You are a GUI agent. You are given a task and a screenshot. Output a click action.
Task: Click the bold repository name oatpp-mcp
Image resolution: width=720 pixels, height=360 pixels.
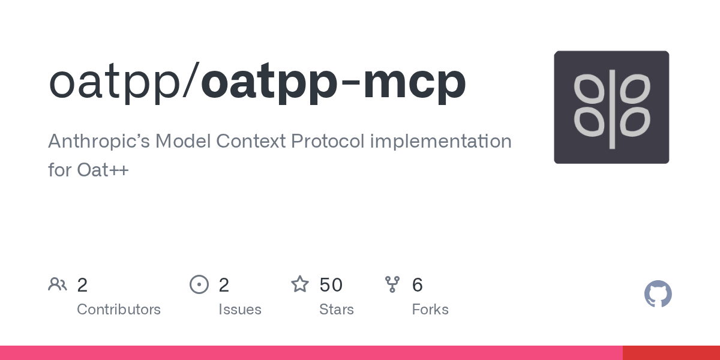[x=334, y=82]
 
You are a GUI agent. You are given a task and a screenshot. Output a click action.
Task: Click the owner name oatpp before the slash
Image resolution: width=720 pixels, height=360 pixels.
[x=115, y=82]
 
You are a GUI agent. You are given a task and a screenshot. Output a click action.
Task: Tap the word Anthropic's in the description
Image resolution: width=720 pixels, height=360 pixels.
[x=99, y=142]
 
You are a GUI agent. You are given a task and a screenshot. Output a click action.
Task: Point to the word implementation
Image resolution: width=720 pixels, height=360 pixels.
[x=440, y=142]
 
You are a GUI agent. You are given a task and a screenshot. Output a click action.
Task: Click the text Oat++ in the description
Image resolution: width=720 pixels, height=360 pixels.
[x=103, y=170]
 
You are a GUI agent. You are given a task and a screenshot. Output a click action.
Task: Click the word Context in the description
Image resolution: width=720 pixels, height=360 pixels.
[x=251, y=141]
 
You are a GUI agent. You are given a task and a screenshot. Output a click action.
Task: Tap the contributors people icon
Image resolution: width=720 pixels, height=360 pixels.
[x=58, y=284]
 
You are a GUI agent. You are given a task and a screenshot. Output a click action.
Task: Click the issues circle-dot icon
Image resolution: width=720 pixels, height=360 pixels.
[x=199, y=284]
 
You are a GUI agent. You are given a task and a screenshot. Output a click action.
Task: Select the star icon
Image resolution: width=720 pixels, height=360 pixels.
[x=300, y=284]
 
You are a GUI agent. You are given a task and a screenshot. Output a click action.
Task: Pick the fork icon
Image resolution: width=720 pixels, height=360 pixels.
[x=392, y=284]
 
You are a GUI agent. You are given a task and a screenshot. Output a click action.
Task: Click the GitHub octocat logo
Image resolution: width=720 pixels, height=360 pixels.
[x=658, y=294]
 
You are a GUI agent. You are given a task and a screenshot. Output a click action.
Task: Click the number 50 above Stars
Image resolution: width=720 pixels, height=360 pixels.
[x=331, y=285]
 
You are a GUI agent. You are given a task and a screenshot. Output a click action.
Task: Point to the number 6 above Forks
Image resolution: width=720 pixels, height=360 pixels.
[x=417, y=285]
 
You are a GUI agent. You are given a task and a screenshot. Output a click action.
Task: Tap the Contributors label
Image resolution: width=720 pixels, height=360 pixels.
[x=119, y=309]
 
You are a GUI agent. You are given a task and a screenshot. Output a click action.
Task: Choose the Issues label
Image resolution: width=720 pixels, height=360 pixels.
[x=240, y=309]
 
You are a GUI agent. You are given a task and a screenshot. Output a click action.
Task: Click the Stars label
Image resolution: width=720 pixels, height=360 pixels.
[x=336, y=309]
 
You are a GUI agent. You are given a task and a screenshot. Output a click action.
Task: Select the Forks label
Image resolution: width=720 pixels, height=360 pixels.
[x=430, y=309]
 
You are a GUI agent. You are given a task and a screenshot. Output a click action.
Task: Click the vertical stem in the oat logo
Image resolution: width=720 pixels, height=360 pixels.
[x=613, y=109]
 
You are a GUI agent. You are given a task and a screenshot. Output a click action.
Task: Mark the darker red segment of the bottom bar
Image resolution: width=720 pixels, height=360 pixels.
[x=671, y=353]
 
